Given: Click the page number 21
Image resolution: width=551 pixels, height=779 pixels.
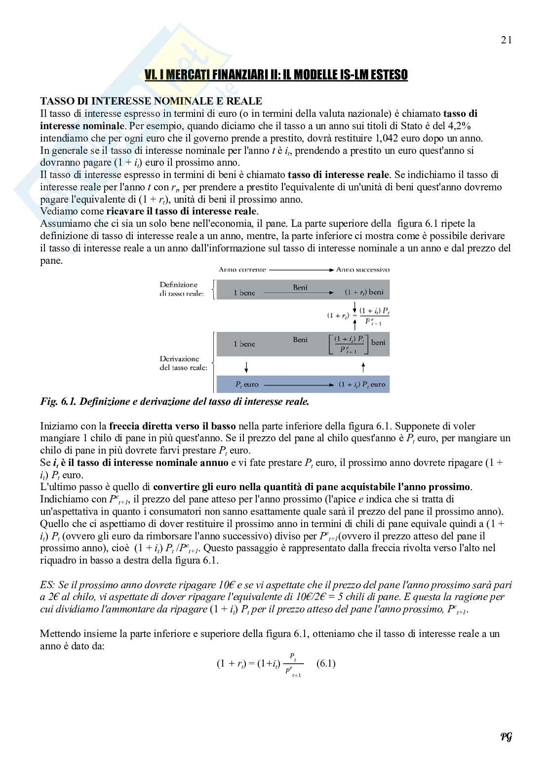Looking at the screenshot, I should click(506, 40).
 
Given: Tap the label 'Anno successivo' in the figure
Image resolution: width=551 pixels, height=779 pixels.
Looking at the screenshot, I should click(362, 270).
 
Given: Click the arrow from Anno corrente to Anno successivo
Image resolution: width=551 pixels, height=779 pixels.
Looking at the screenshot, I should click(301, 270).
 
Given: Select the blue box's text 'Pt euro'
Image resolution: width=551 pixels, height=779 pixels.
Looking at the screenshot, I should click(247, 385).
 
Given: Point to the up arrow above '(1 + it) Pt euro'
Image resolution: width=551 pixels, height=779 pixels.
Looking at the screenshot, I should click(363, 367).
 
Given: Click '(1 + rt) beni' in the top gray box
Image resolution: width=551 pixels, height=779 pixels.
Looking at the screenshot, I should click(364, 292).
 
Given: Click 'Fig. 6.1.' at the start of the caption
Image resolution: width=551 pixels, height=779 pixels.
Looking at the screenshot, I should click(58, 402).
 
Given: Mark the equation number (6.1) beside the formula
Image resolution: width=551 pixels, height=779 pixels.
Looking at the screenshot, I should click(325, 663).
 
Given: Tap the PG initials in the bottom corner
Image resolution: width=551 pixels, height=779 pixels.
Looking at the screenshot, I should click(506, 737).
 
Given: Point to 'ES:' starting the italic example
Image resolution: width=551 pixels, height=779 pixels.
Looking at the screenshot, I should click(47, 585).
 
